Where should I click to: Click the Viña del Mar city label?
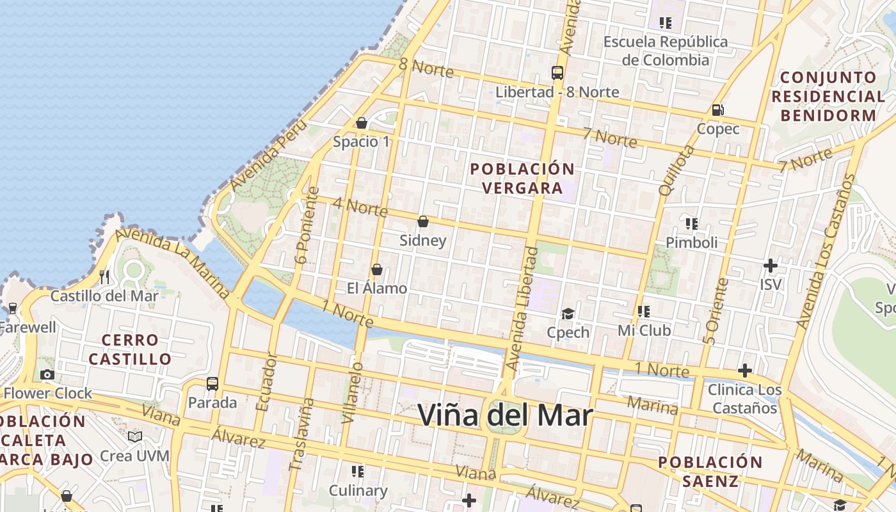point(505,415)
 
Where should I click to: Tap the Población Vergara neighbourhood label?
point(522,179)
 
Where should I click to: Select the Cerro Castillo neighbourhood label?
point(130,349)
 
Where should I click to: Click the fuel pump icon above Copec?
point(718,109)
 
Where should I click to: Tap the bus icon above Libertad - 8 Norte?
point(557,72)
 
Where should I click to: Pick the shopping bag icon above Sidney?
point(422,221)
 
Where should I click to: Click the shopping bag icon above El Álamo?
point(377,269)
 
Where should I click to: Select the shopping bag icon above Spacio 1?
point(362,122)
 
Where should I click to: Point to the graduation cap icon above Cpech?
point(568,314)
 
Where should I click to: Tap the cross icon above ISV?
point(771,265)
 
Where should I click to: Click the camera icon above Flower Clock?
point(47,374)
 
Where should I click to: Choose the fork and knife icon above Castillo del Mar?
point(104,277)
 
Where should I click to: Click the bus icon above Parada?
point(212,384)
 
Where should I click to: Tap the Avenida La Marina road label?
point(173,262)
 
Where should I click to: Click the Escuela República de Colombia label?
point(666,51)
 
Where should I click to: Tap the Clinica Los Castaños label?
point(744,399)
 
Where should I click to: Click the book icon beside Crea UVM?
point(135,436)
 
